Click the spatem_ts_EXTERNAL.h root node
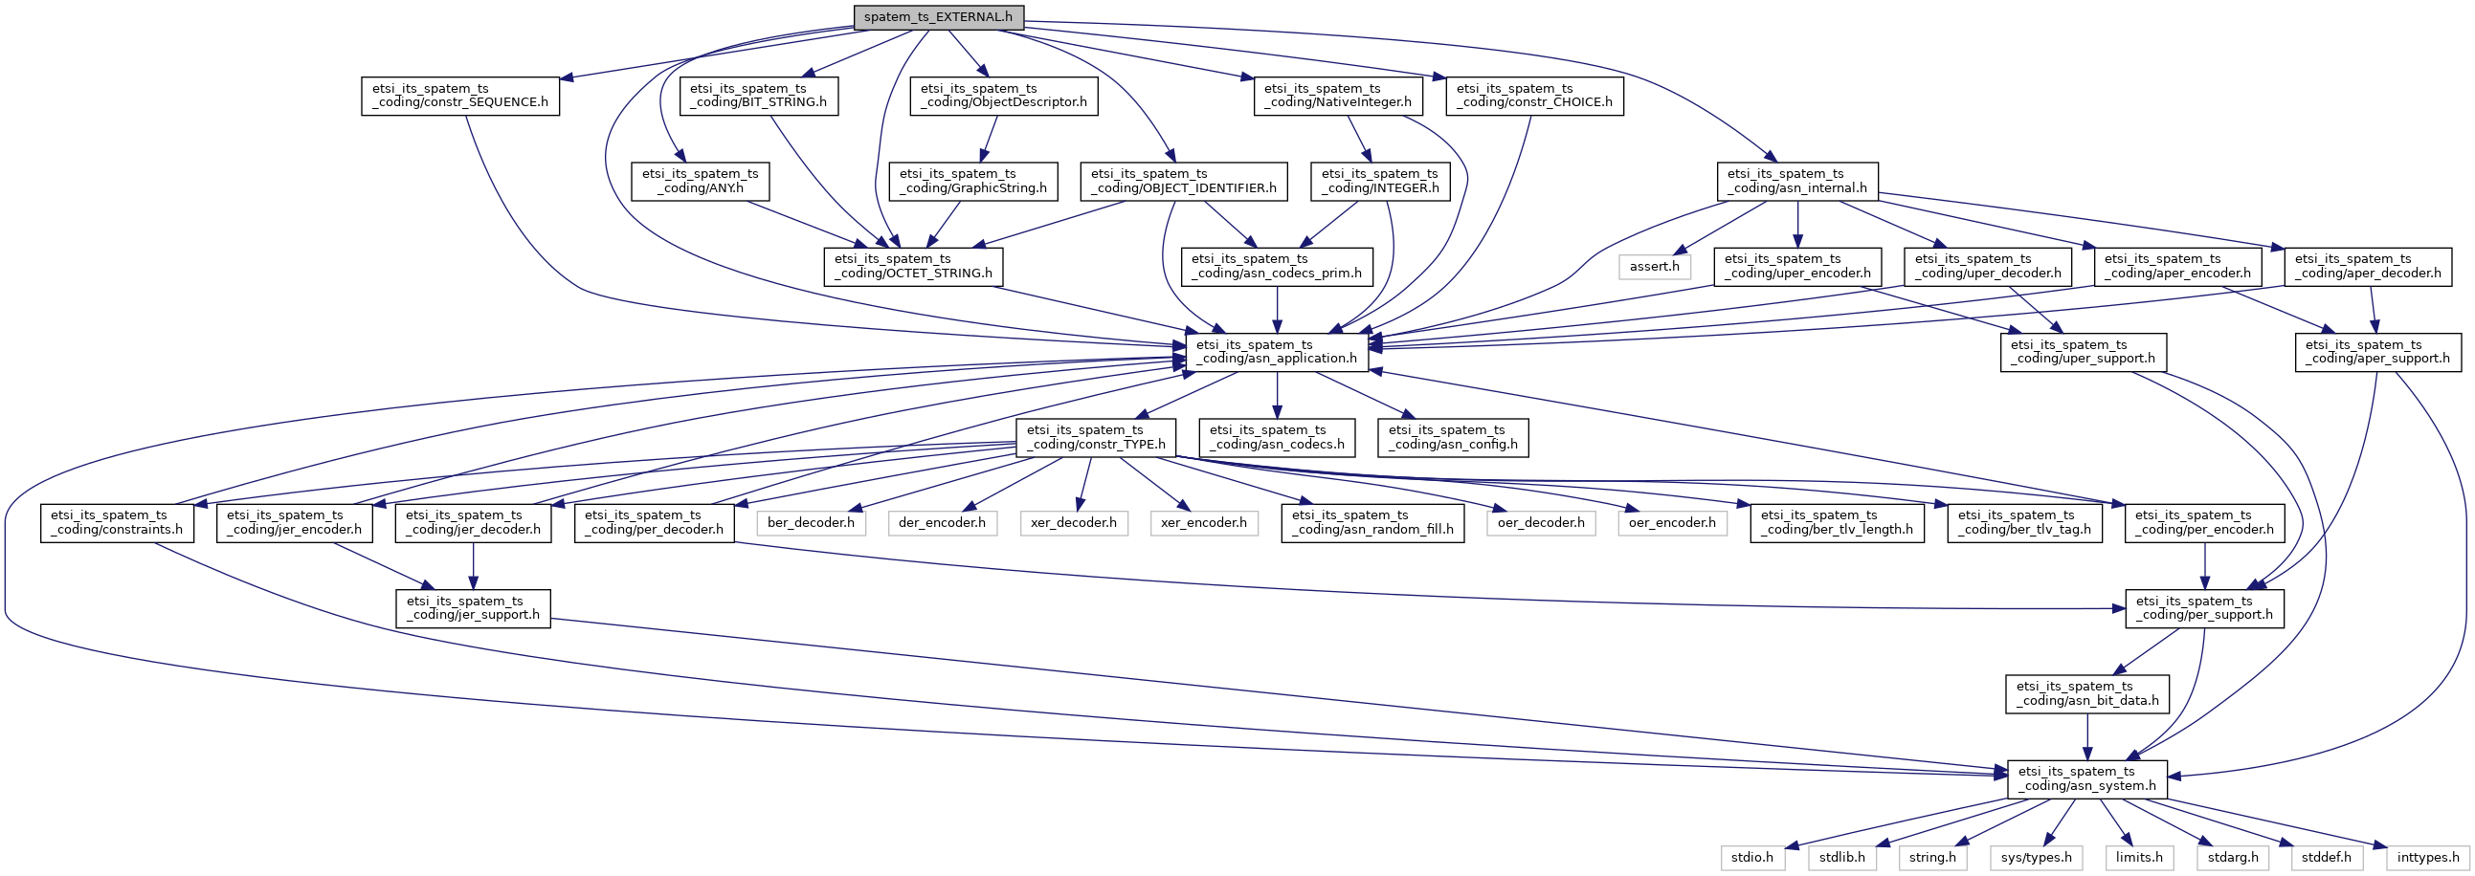point(938,16)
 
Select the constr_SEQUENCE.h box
point(460,95)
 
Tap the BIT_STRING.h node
point(759,95)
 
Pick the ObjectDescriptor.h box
point(1004,95)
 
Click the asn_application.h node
point(1276,352)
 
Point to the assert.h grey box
point(1655,266)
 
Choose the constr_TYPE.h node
point(1096,437)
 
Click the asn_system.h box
point(2086,778)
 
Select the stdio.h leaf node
point(1752,857)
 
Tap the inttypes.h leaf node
point(2428,857)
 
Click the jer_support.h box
point(473,608)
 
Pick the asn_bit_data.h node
point(2086,693)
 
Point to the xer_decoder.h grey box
point(1073,522)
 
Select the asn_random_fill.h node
point(1372,522)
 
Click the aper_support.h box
point(2378,352)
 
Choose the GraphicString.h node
point(973,181)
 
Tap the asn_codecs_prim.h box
point(1277,266)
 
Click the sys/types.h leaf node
point(2036,857)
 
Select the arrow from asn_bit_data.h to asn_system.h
point(2086,735)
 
